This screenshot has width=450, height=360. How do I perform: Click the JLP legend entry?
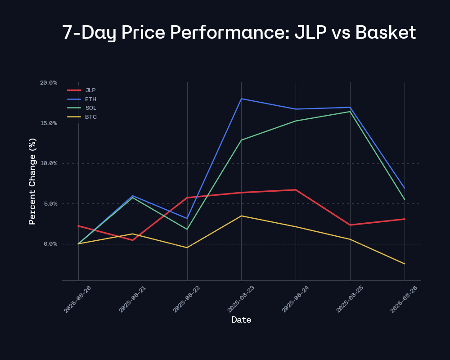(90, 90)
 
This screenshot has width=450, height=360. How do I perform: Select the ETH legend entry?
(90, 99)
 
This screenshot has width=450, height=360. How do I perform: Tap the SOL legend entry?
(90, 108)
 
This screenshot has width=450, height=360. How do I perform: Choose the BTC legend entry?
(91, 117)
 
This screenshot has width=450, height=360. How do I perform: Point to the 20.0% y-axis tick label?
(49, 83)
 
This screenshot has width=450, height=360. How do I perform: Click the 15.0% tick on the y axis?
(49, 123)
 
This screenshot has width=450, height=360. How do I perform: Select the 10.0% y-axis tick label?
(49, 163)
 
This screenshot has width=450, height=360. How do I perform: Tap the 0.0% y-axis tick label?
(50, 244)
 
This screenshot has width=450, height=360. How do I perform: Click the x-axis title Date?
(241, 320)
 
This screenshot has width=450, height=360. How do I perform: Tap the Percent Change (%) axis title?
(32, 181)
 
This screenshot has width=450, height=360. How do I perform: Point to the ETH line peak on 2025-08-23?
(242, 99)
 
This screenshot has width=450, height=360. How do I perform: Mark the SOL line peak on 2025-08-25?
(350, 112)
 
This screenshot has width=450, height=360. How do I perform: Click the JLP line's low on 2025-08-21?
(133, 240)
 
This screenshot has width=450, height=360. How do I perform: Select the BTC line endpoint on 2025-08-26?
(405, 264)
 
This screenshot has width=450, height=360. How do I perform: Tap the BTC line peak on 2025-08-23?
(242, 216)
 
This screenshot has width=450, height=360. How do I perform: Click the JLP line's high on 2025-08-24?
(296, 190)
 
